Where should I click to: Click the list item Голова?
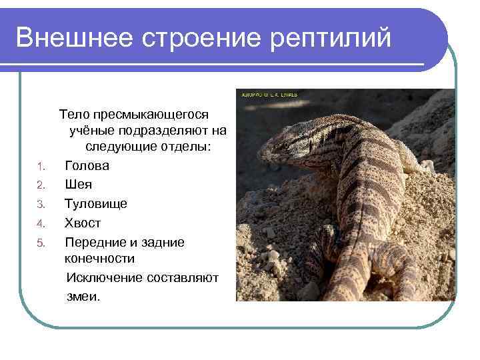pos(87,165)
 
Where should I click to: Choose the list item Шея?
pos(78,184)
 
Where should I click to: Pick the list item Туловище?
pos(95,203)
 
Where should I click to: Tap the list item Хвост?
pos(83,223)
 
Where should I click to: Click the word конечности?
pos(99,258)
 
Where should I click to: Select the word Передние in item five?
pos(93,242)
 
